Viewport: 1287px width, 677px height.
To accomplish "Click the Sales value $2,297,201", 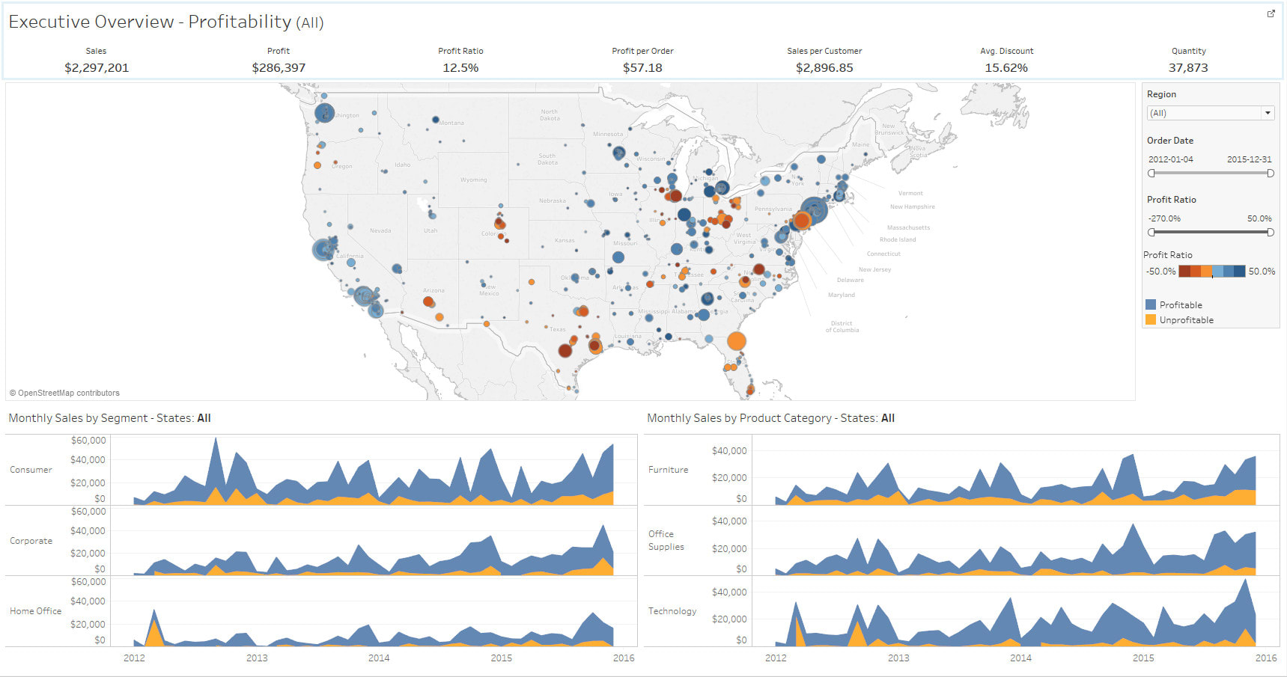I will pyautogui.click(x=97, y=68).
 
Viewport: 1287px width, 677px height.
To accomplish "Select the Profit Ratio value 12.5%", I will pyautogui.click(x=460, y=68).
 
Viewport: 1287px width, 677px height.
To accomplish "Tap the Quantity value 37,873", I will pyautogui.click(x=1188, y=68).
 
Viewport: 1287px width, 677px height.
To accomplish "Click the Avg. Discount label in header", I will pyautogui.click(x=1006, y=51).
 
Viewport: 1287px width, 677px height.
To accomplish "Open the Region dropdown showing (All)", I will pyautogui.click(x=1210, y=113).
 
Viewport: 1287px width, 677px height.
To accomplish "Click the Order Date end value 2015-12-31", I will pyautogui.click(x=1249, y=159).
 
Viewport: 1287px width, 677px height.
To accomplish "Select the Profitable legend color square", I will pyautogui.click(x=1151, y=304).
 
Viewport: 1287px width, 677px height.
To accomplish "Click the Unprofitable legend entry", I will pyautogui.click(x=1186, y=320).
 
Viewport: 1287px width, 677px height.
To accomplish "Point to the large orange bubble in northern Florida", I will pyautogui.click(x=737, y=341).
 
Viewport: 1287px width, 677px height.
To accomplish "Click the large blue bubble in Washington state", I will pyautogui.click(x=324, y=113).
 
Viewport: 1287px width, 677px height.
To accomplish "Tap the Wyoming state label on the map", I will pyautogui.click(x=473, y=180).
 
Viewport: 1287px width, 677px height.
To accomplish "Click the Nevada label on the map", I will pyautogui.click(x=380, y=230).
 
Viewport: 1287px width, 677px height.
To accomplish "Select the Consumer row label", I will pyautogui.click(x=31, y=470).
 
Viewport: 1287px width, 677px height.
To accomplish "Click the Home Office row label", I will pyautogui.click(x=35, y=611).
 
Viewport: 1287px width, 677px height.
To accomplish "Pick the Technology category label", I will pyautogui.click(x=672, y=611).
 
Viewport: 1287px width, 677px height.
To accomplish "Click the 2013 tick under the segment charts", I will pyautogui.click(x=257, y=658).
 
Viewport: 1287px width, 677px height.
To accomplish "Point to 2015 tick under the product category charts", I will pyautogui.click(x=1143, y=658).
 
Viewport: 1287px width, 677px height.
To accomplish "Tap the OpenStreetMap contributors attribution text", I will pyautogui.click(x=65, y=393).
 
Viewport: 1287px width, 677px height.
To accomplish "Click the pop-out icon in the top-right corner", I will pyautogui.click(x=1271, y=13).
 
